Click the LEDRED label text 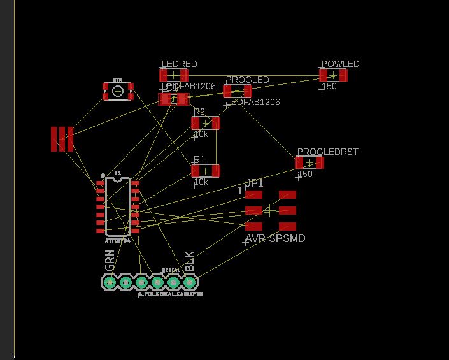[x=179, y=64]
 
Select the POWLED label [x=340, y=64]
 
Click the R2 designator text [x=199, y=112]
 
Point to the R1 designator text [x=199, y=159]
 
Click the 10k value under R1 [x=201, y=182]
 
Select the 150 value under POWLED [x=329, y=87]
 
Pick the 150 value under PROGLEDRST [x=306, y=175]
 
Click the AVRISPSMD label [x=275, y=239]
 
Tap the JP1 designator [x=254, y=184]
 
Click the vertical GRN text [x=110, y=262]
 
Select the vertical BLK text [x=189, y=262]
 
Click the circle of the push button [x=118, y=91]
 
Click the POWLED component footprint [x=333, y=75]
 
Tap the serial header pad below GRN [x=110, y=282]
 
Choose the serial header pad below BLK [x=189, y=282]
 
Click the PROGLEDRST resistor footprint [x=309, y=162]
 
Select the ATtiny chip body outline [x=118, y=206]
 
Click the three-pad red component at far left [x=62, y=139]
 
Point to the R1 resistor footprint [x=205, y=171]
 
